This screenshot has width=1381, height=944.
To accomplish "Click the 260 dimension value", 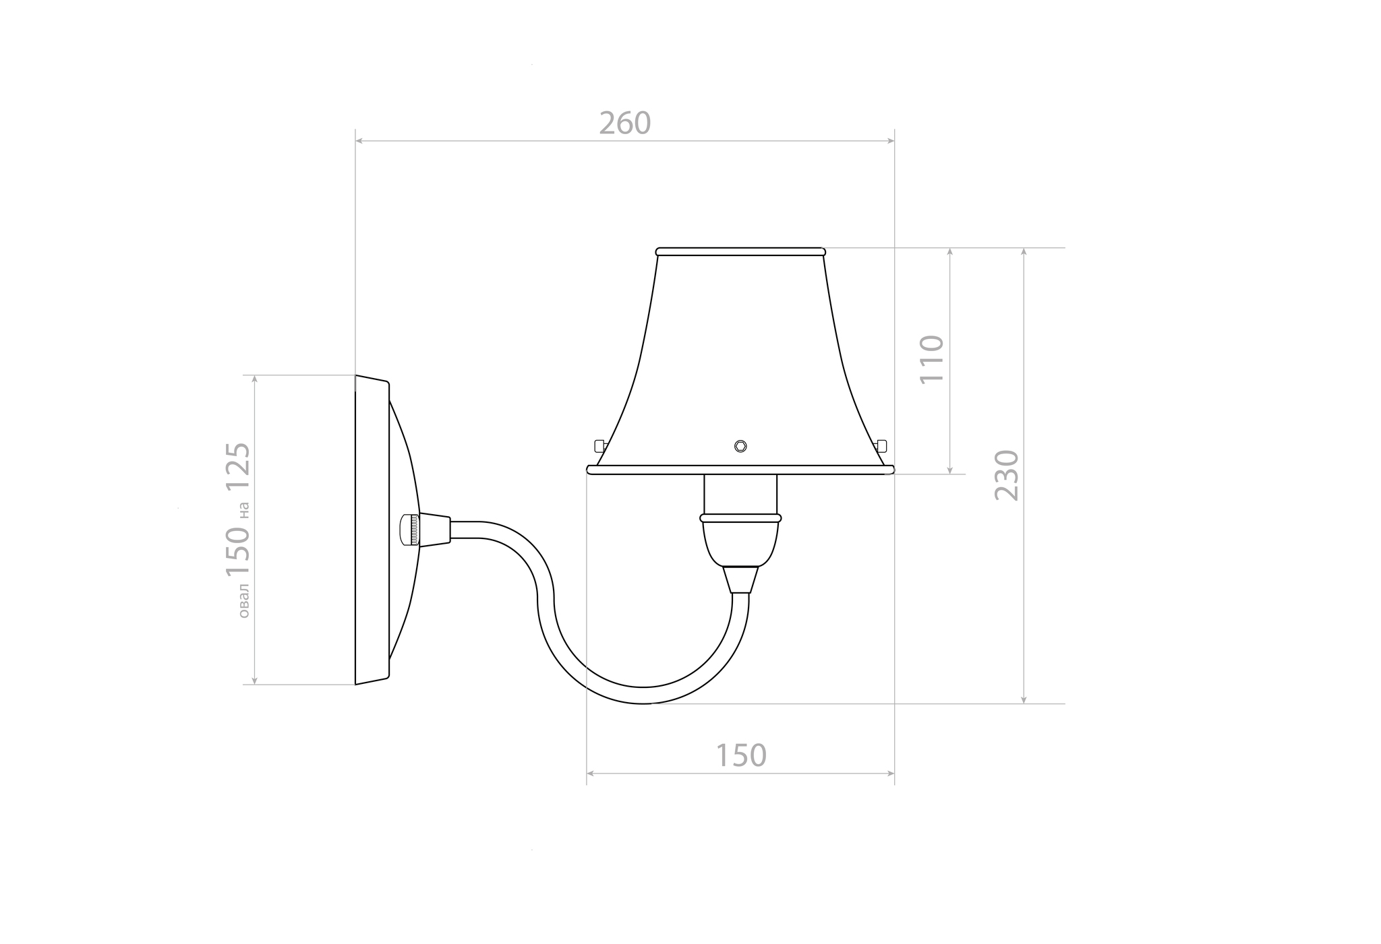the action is [x=625, y=123].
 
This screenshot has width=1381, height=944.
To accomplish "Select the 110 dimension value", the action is [x=932, y=359].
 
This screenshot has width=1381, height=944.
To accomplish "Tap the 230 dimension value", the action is [x=1007, y=475].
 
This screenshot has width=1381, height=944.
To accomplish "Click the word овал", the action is [x=243, y=601].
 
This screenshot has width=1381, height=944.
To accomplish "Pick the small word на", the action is [x=243, y=510].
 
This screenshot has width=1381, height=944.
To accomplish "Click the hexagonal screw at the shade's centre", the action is [x=740, y=446].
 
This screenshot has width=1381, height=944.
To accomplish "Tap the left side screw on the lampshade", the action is [x=600, y=445].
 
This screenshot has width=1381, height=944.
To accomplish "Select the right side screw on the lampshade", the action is [x=881, y=445].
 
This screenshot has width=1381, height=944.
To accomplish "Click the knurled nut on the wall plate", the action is [x=409, y=530].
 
